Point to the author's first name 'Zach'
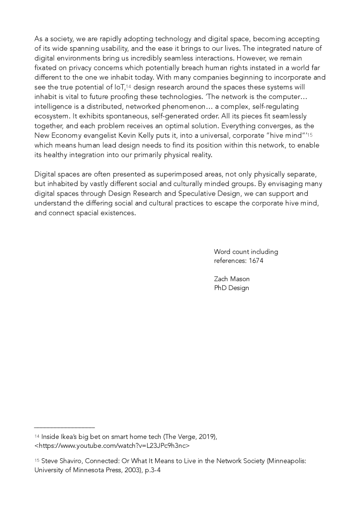[222, 279]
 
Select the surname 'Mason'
[240, 279]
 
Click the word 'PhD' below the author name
[221, 288]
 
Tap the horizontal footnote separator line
[64, 427]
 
